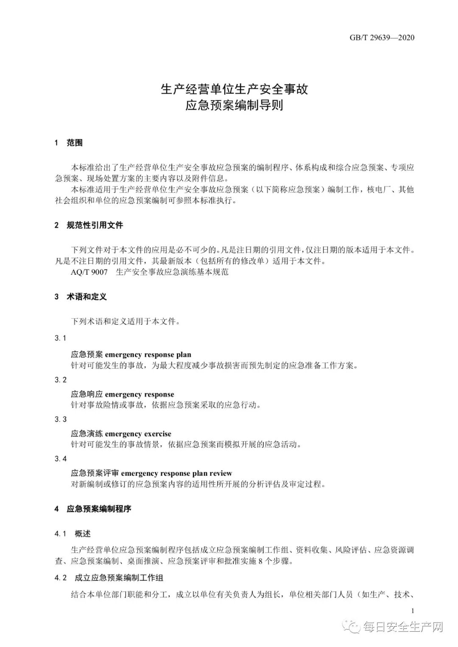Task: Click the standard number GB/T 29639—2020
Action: pyautogui.click(x=382, y=38)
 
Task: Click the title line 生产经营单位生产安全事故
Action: pyautogui.click(x=234, y=89)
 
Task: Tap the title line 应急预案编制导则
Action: pyautogui.click(x=234, y=105)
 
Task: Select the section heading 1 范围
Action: pyautogui.click(x=69, y=143)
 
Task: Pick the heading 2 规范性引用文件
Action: pyautogui.click(x=89, y=225)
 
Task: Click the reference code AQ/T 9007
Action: pyautogui.click(x=89, y=272)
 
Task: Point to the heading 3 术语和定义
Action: pyautogui.click(x=81, y=297)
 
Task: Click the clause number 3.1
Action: pyautogui.click(x=61, y=338)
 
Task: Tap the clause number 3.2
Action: pyautogui.click(x=61, y=379)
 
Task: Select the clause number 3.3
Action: pyautogui.click(x=61, y=419)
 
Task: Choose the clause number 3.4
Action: pyautogui.click(x=61, y=459)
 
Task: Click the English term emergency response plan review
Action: pyautogui.click(x=176, y=473)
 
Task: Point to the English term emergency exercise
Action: pyautogui.click(x=138, y=434)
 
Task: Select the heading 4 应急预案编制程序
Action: pyautogui.click(x=93, y=509)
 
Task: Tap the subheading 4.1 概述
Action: pyautogui.click(x=73, y=534)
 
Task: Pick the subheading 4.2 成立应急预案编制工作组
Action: pyautogui.click(x=109, y=577)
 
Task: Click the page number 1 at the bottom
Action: pyautogui.click(x=413, y=611)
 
